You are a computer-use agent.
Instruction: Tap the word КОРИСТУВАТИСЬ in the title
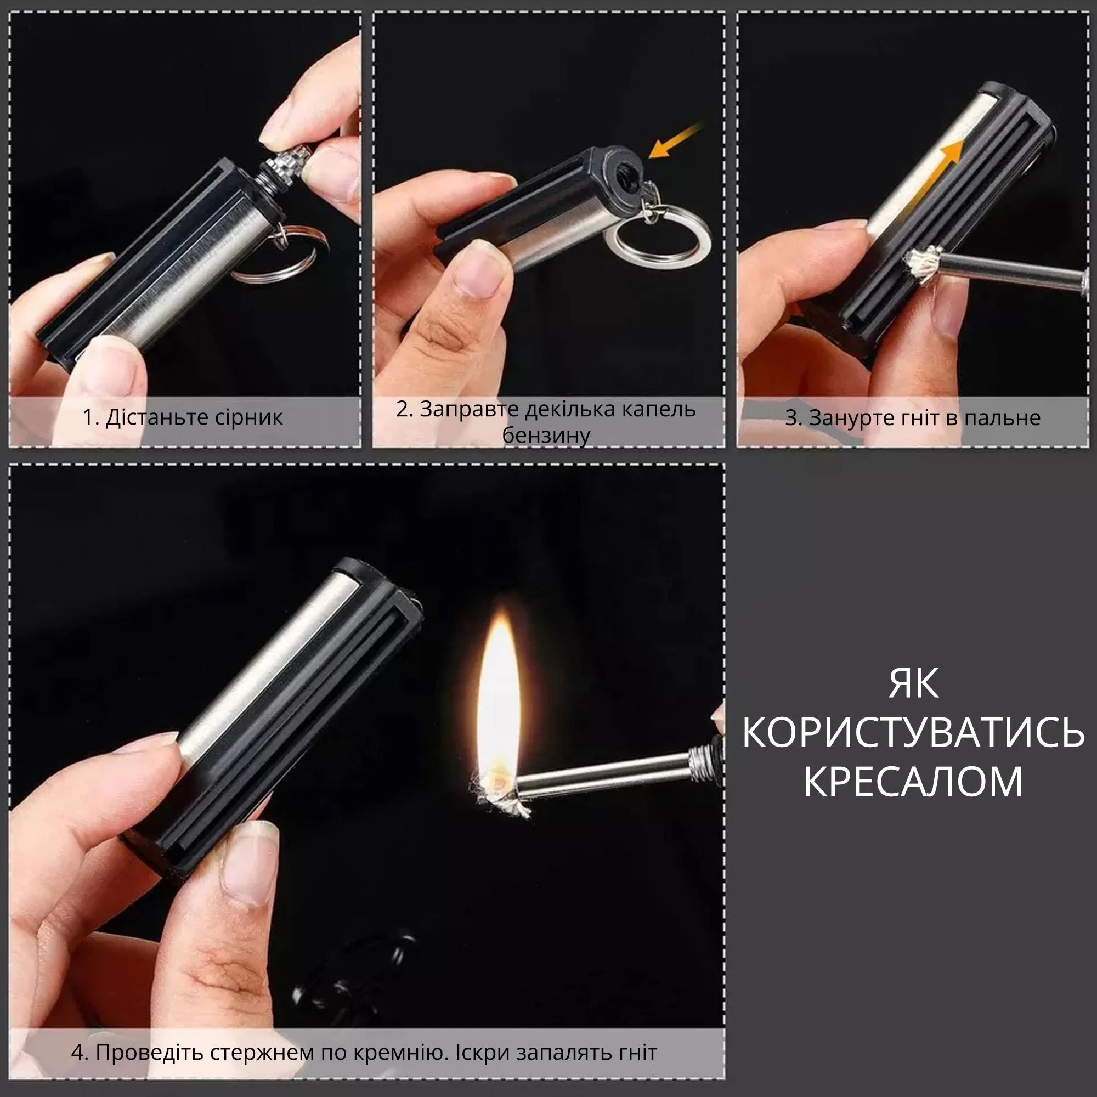click(913, 732)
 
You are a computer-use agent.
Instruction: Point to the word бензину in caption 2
click(546, 436)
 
